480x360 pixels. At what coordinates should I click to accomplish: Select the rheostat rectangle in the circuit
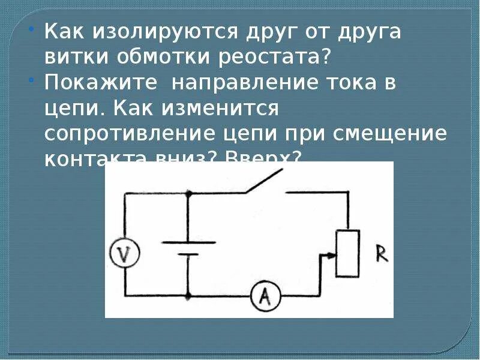[347, 253]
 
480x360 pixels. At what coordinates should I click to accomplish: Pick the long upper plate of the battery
[188, 242]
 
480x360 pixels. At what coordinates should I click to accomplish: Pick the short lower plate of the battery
[188, 254]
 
